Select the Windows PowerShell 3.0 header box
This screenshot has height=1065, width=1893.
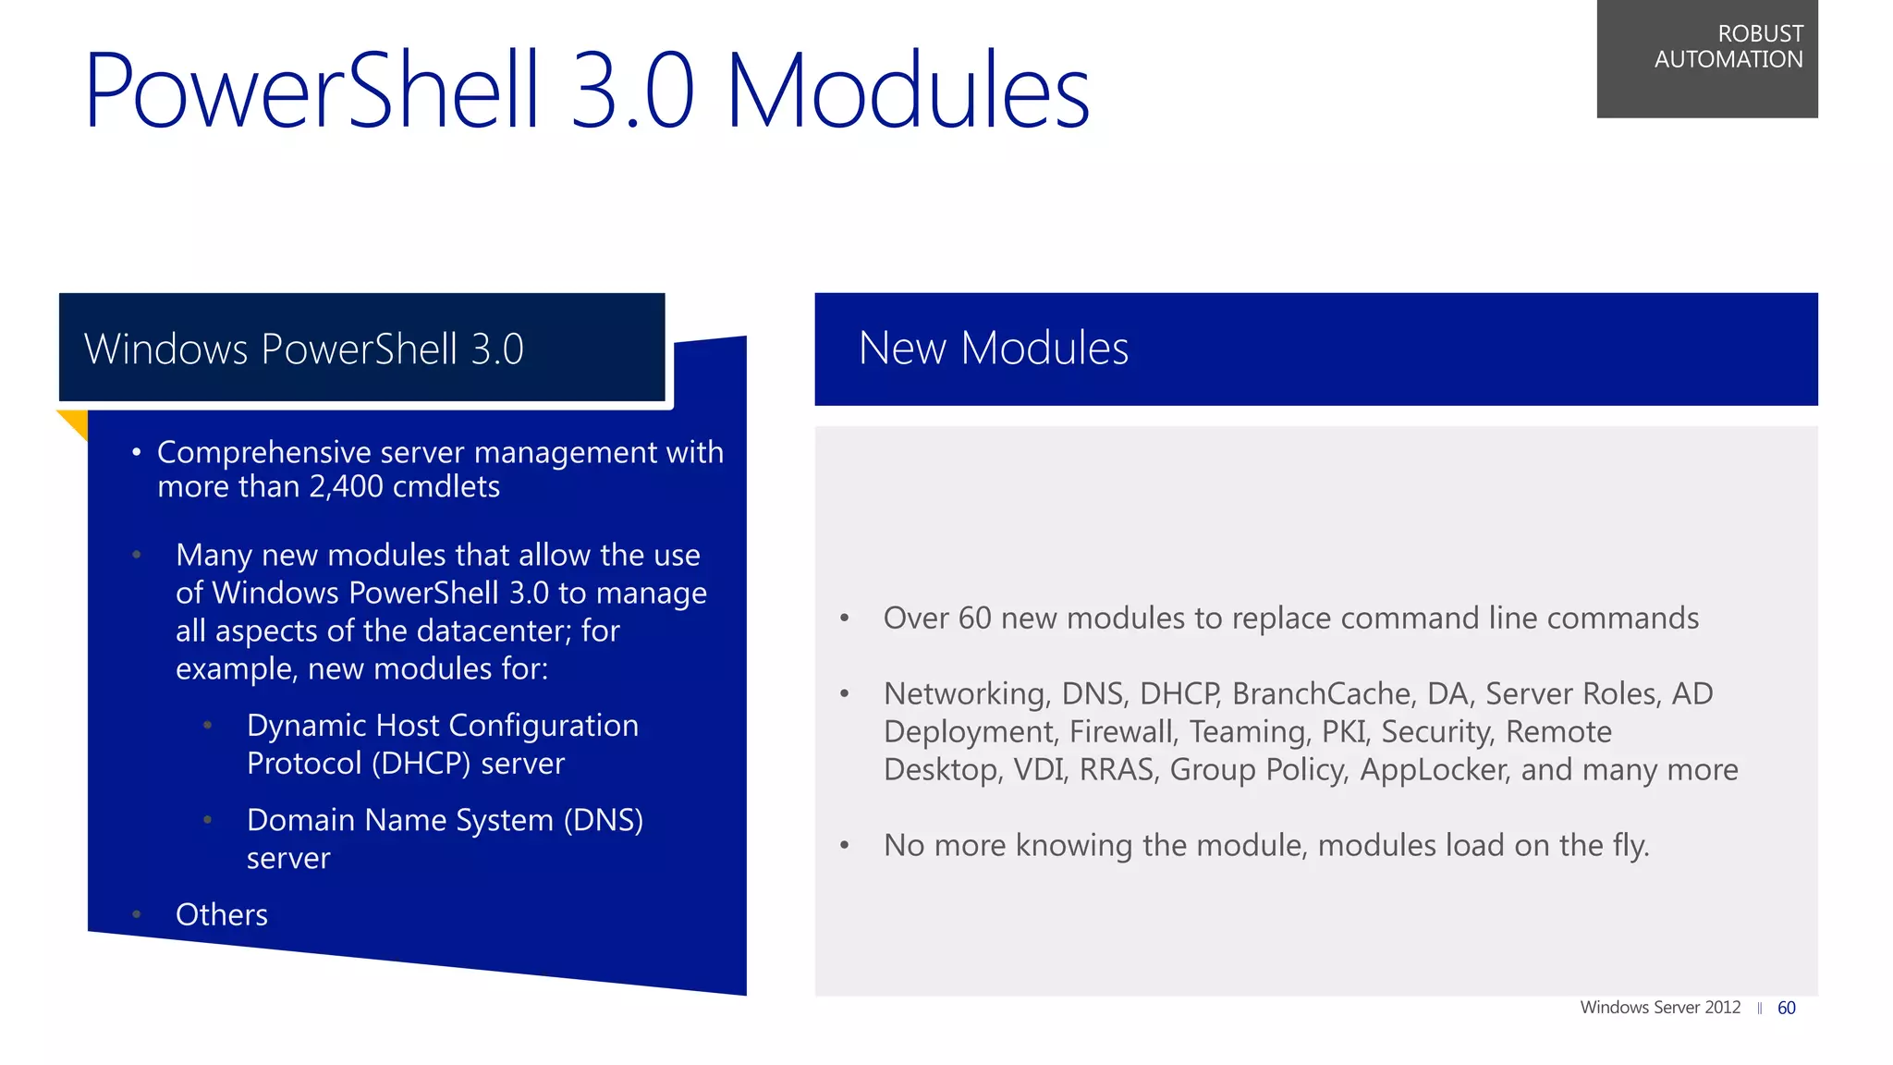361,349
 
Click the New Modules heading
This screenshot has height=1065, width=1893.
993,349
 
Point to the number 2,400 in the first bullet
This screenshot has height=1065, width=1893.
346,487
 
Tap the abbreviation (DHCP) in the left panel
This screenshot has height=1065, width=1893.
421,764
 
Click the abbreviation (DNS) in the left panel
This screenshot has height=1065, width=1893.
603,820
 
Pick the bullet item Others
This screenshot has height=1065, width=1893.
222,914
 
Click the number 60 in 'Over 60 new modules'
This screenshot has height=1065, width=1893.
974,618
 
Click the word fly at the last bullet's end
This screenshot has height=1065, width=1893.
1629,846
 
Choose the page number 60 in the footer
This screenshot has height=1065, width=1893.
1786,1008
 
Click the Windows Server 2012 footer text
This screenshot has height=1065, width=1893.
1660,1008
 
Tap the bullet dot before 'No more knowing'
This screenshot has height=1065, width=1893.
844,846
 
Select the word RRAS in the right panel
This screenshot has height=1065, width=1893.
1117,770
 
